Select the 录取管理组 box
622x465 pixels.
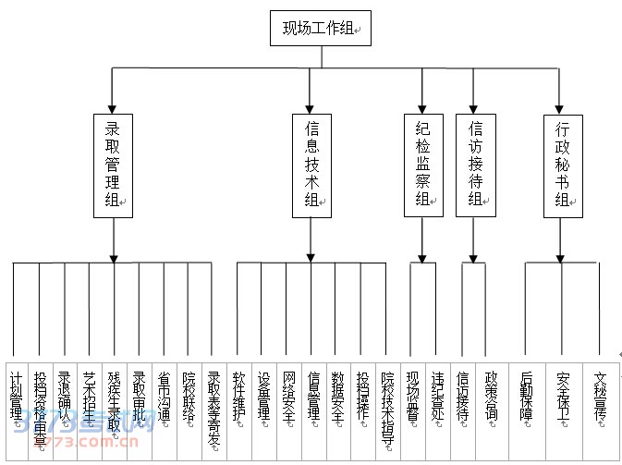click(x=115, y=165)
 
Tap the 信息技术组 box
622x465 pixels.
click(x=311, y=165)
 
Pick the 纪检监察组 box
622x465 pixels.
click(x=422, y=165)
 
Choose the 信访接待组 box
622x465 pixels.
click(x=475, y=165)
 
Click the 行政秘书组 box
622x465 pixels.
click(x=562, y=165)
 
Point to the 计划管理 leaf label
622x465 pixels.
click(x=16, y=397)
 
